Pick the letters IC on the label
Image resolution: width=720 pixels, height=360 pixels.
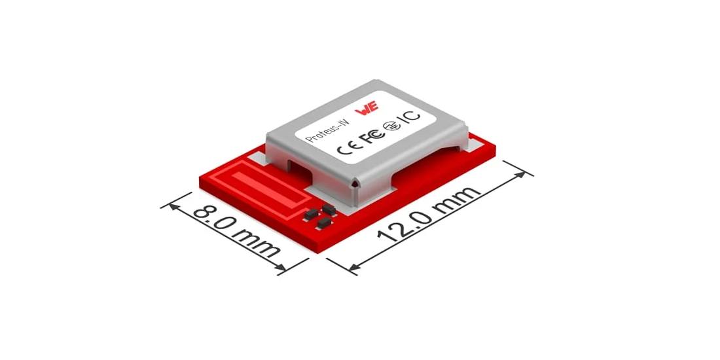[410, 117]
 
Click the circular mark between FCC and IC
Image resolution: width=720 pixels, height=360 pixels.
[393, 126]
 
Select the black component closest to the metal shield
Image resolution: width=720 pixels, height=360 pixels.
[329, 209]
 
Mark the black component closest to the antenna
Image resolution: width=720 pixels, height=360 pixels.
[309, 215]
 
